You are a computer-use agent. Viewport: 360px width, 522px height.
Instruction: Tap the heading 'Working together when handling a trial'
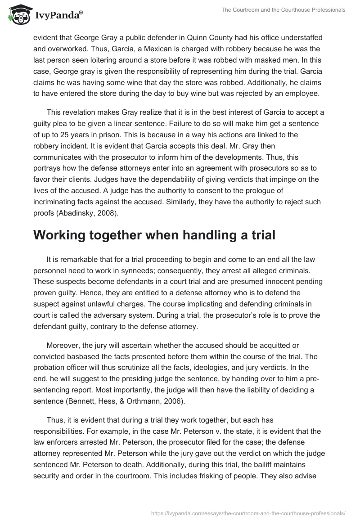[154, 235]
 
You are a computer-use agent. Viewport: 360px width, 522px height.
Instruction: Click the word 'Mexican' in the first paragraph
[123, 49]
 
